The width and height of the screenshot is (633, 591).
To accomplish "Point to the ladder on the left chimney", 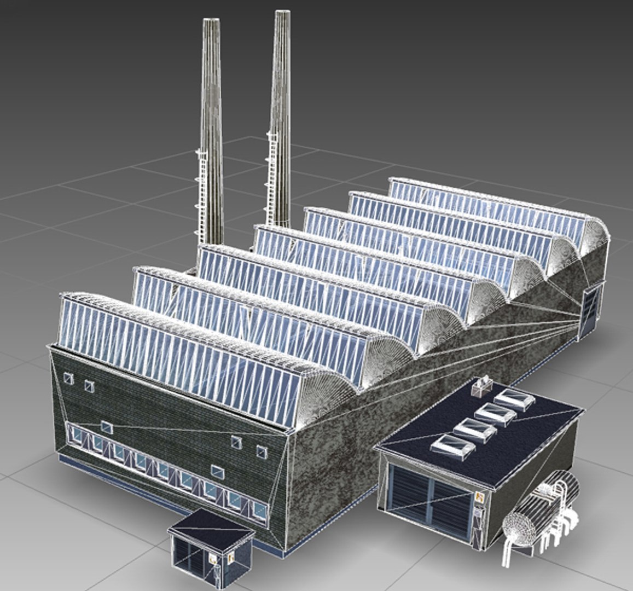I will click(200, 192).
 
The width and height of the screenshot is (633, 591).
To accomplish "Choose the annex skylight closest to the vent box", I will click(515, 400).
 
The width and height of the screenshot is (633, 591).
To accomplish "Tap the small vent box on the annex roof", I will click(483, 387).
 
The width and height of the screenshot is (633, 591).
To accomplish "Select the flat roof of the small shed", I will click(211, 525).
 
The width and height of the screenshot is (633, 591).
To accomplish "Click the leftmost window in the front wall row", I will click(77, 434).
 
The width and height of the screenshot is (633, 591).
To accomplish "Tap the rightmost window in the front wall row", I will click(259, 511).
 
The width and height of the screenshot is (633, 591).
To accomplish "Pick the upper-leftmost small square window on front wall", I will click(68, 378).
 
